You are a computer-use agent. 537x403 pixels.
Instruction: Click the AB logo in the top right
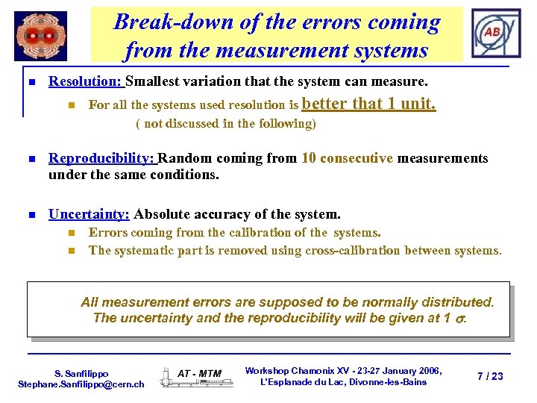coord(492,34)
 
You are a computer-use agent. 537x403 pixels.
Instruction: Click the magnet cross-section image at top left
coord(40,36)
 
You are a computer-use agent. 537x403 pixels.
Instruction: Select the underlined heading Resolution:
coord(86,81)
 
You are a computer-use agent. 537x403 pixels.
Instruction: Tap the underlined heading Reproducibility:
coord(102,158)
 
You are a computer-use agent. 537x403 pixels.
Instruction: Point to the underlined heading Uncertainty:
coord(89,214)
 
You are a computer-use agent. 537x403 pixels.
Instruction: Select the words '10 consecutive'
coord(347,158)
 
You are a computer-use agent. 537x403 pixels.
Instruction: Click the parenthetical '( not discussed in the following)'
coord(225,124)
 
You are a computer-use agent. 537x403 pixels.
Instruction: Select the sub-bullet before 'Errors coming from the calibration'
coord(72,233)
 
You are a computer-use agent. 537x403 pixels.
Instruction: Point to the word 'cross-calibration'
coord(323,251)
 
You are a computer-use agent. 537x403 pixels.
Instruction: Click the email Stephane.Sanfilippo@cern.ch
coord(81,384)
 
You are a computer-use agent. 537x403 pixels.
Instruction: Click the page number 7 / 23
coord(490,376)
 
